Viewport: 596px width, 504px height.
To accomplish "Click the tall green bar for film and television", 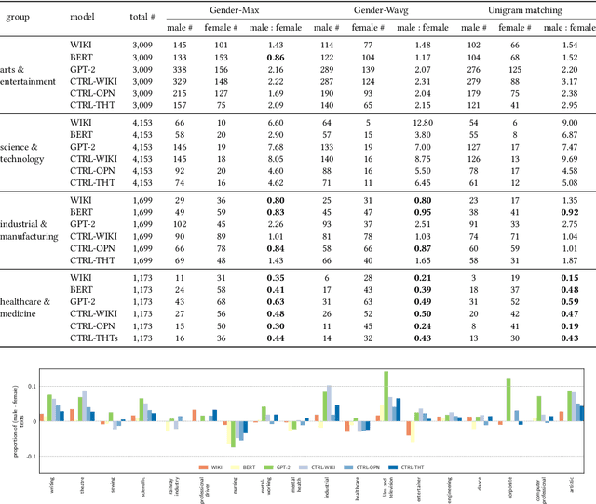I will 386,396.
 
